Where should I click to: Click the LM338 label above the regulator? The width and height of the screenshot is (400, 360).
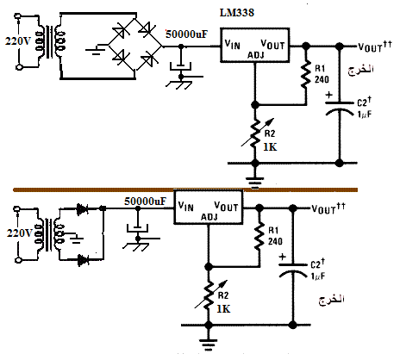pyautogui.click(x=237, y=13)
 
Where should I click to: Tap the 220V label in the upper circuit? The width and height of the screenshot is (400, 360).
pyautogui.click(x=17, y=41)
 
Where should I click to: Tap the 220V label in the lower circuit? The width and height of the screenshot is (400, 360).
pyautogui.click(x=19, y=233)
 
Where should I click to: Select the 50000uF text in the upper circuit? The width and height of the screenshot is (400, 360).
pyautogui.click(x=186, y=34)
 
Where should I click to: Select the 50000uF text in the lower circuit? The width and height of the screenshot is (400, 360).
pyautogui.click(x=145, y=202)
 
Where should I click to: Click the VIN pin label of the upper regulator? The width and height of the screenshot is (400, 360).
pyautogui.click(x=232, y=45)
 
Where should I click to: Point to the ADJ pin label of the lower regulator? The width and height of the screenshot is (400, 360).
pyautogui.click(x=209, y=217)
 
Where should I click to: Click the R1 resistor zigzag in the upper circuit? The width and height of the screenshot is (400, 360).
pyautogui.click(x=306, y=74)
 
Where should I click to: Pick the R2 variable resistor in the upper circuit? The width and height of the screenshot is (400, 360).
pyautogui.click(x=257, y=133)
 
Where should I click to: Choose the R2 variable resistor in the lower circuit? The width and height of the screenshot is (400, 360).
pyautogui.click(x=210, y=295)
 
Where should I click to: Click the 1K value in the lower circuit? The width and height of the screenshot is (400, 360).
pyautogui.click(x=223, y=309)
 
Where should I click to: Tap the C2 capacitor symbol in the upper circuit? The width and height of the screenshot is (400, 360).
pyautogui.click(x=340, y=106)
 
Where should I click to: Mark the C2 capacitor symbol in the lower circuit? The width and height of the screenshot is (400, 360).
pyautogui.click(x=293, y=268)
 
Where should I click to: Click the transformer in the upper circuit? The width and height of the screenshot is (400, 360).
pyautogui.click(x=50, y=42)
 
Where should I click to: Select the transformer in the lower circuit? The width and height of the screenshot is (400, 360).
pyautogui.click(x=49, y=234)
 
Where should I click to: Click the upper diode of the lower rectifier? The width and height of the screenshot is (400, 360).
pyautogui.click(x=82, y=209)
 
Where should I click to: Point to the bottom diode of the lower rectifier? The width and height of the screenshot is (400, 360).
pyautogui.click(x=83, y=261)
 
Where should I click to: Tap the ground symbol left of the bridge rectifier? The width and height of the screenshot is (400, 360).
pyautogui.click(x=97, y=49)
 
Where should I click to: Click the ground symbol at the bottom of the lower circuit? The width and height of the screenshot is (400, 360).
pyautogui.click(x=209, y=344)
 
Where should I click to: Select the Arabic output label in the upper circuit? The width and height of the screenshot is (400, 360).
pyautogui.click(x=360, y=71)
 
